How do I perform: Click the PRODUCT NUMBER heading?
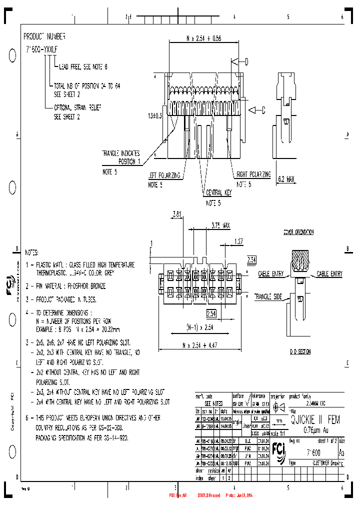click(x=44, y=36)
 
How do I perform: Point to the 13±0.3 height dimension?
click(x=155, y=115)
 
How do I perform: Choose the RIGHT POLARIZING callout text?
click(x=253, y=174)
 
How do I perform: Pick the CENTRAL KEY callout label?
click(x=218, y=192)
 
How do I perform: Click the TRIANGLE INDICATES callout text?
click(x=120, y=153)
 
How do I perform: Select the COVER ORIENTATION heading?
click(x=299, y=232)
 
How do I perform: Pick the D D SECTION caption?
click(x=300, y=352)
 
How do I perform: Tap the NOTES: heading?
click(x=31, y=253)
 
